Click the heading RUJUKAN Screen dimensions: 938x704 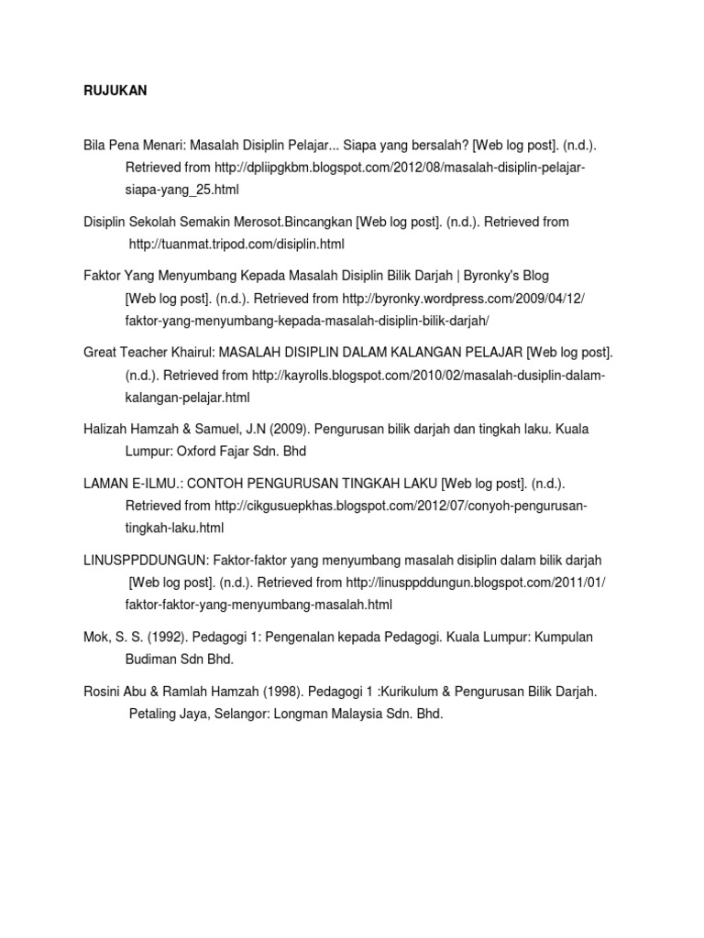click(115, 93)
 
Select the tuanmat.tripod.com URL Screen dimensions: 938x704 click(236, 245)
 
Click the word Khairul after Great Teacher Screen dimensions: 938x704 click(187, 353)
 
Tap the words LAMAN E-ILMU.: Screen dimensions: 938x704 click(126, 483)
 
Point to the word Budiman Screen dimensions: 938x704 click(151, 660)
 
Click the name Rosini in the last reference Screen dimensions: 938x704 click(102, 692)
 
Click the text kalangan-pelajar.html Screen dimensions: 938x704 click(187, 398)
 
